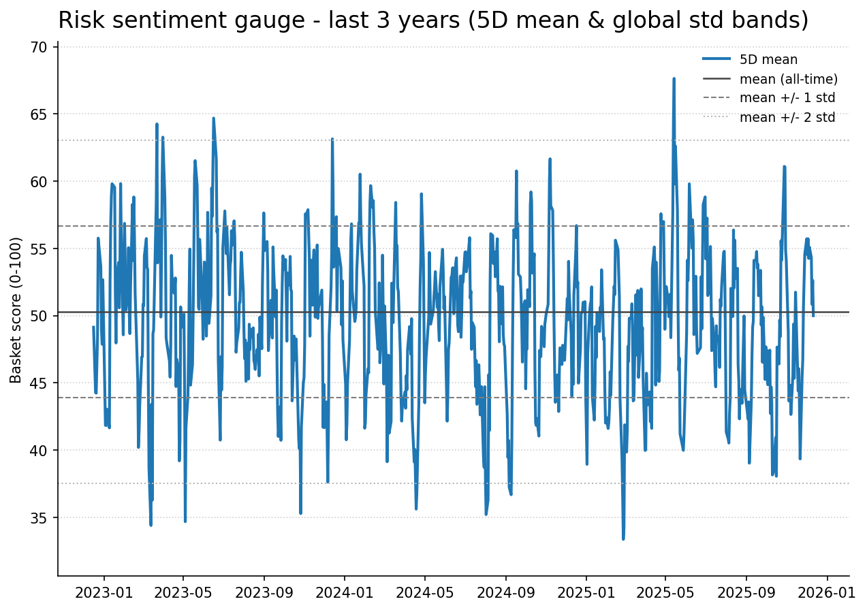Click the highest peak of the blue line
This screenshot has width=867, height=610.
(x=674, y=79)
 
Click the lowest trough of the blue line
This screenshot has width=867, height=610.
(x=623, y=539)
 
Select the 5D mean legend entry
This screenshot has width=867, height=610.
(x=768, y=60)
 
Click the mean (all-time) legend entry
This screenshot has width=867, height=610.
(x=788, y=79)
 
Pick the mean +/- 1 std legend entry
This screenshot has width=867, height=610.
(x=787, y=98)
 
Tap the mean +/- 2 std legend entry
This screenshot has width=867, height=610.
(x=787, y=117)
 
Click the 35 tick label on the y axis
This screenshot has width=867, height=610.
(x=39, y=518)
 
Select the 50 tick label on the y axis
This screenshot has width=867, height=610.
(x=39, y=316)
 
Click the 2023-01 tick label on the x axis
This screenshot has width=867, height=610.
(x=104, y=592)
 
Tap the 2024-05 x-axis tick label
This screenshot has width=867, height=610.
(x=424, y=592)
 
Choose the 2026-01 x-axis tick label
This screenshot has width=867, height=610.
(x=827, y=592)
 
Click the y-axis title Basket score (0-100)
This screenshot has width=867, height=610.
(x=16, y=310)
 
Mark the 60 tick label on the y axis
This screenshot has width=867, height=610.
(x=39, y=182)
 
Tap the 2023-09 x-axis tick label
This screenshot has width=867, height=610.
(x=264, y=592)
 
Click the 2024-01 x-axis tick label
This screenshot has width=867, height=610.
(x=344, y=592)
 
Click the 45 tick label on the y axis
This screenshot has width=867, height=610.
(x=39, y=383)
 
